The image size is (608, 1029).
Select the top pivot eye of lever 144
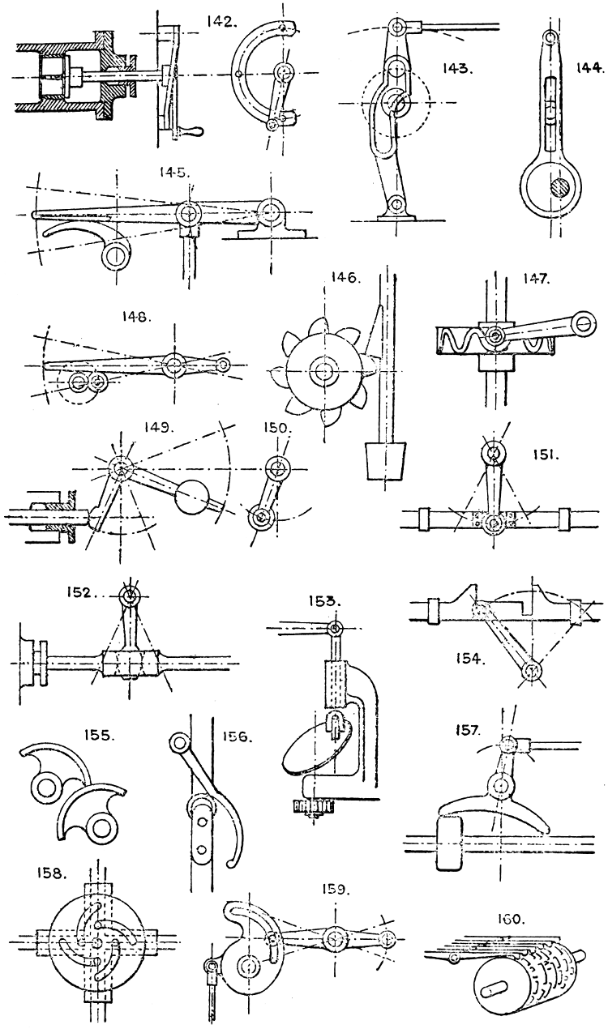pyautogui.click(x=550, y=37)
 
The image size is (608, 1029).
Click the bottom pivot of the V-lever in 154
pyautogui.click(x=532, y=670)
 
